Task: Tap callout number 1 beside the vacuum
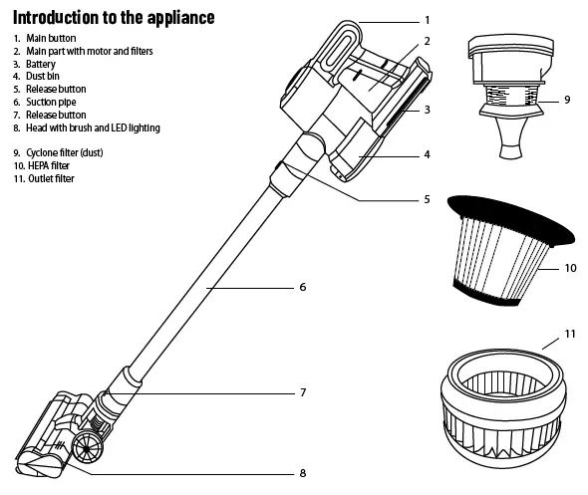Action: [x=427, y=20]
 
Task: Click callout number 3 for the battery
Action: [x=427, y=110]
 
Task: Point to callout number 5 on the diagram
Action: [x=427, y=199]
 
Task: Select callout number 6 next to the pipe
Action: [x=302, y=288]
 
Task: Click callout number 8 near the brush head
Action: [x=302, y=472]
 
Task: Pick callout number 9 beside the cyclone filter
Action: [x=567, y=100]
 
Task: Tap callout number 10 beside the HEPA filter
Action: [x=570, y=268]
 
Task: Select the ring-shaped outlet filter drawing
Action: [x=505, y=398]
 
